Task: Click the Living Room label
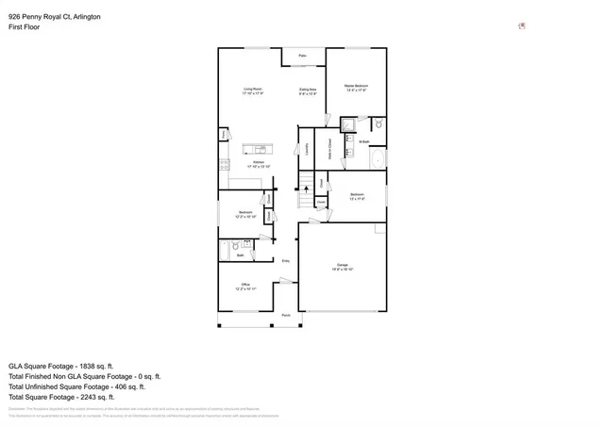click(251, 91)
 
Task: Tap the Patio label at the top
click(303, 57)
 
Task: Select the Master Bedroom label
click(356, 88)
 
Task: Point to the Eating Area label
click(308, 91)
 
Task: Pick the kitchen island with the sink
click(257, 148)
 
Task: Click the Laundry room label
click(308, 147)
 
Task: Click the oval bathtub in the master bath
click(378, 158)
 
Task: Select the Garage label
click(342, 267)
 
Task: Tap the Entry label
click(285, 261)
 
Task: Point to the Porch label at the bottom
click(286, 316)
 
